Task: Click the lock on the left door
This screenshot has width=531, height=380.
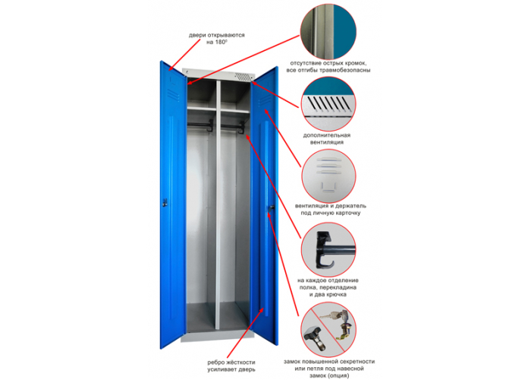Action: point(165,203)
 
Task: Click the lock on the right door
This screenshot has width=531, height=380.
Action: point(272,207)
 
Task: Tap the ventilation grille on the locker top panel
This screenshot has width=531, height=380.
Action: point(243,77)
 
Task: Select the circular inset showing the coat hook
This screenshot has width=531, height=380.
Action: point(328,250)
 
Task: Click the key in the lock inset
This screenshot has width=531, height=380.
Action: point(328,317)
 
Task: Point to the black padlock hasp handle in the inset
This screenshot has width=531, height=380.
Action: point(315,337)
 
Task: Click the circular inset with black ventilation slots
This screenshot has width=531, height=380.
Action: point(328,103)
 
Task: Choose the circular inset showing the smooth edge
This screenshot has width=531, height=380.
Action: point(328,32)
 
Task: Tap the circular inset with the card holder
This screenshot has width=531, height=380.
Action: point(328,176)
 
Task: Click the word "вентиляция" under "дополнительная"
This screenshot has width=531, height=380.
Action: point(327,142)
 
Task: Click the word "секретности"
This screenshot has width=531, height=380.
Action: point(357,362)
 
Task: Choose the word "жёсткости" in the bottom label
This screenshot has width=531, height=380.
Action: point(240,363)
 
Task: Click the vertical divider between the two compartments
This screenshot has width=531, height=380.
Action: point(218,204)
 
